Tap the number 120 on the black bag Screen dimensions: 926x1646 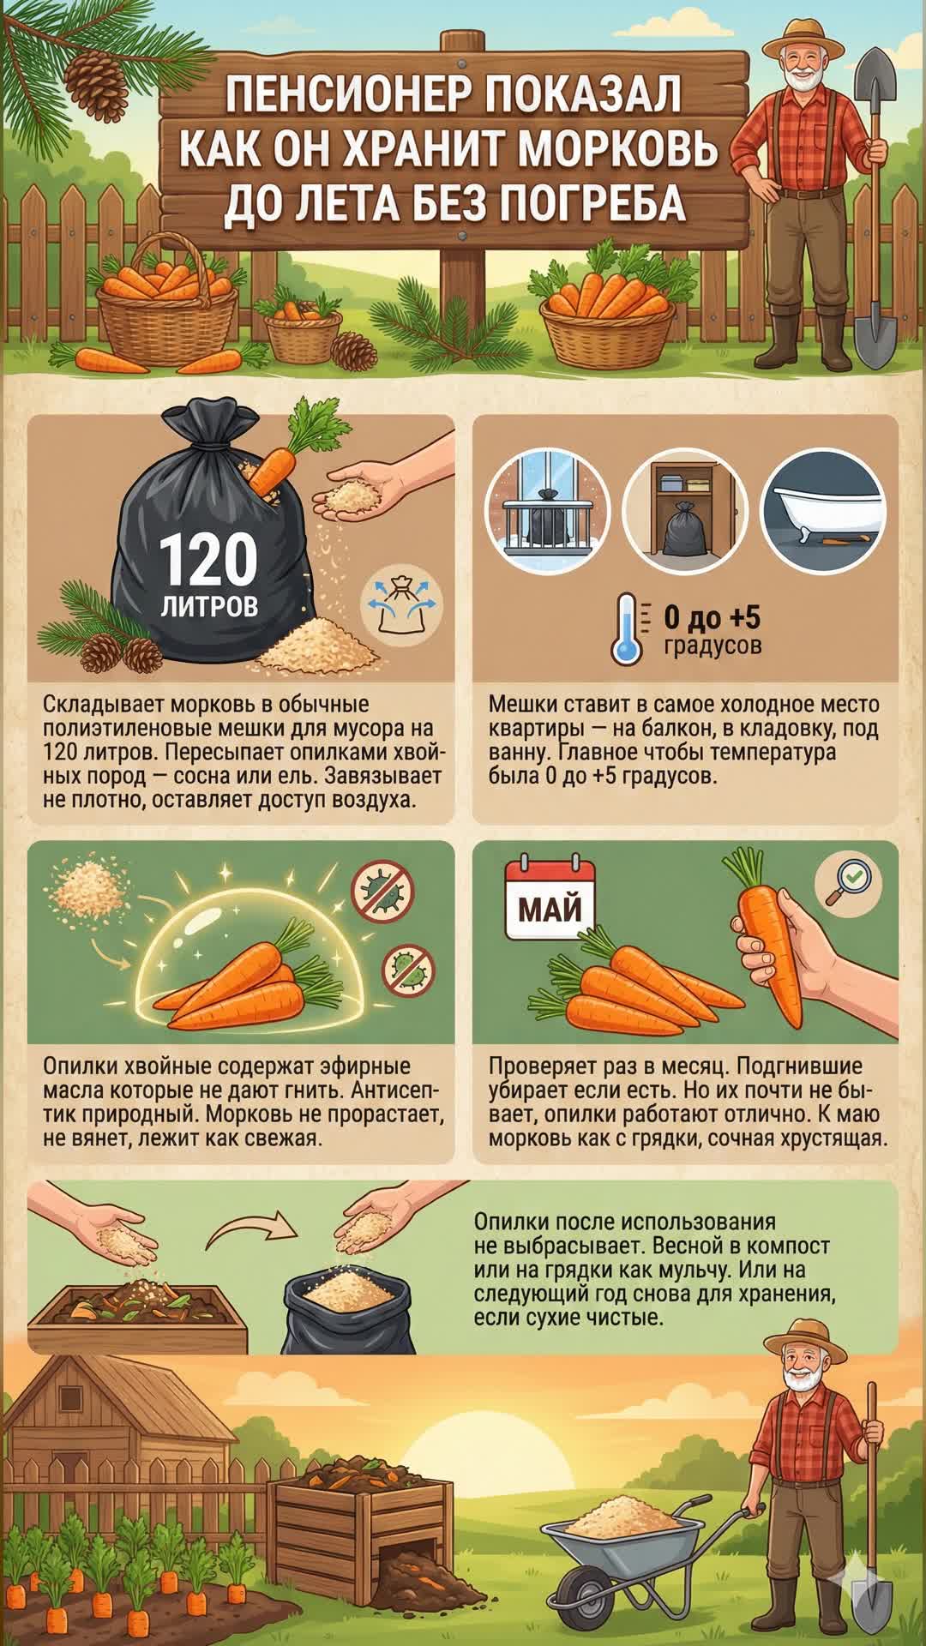208,560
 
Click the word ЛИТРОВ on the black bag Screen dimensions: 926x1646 209,607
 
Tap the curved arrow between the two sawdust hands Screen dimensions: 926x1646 251,1228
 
